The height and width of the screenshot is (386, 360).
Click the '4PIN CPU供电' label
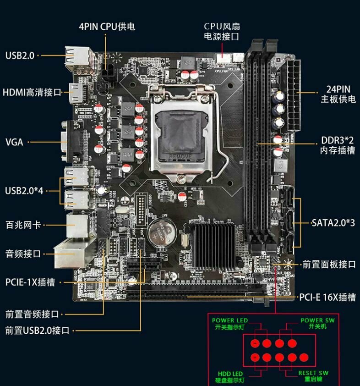click(x=107, y=26)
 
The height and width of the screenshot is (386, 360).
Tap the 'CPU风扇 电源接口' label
click(x=222, y=31)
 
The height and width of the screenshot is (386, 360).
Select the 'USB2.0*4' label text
click(x=24, y=190)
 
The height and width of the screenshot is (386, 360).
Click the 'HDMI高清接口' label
click(x=32, y=92)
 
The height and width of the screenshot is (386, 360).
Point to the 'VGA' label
click(x=14, y=142)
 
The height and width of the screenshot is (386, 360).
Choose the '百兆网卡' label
click(x=23, y=225)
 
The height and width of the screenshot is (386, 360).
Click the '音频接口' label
click(x=23, y=254)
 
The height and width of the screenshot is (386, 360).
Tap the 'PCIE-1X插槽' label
click(x=30, y=282)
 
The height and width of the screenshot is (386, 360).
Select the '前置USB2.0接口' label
click(x=37, y=330)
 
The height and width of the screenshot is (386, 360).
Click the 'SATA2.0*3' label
click(x=333, y=223)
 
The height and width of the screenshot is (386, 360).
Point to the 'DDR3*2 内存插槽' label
click(x=338, y=145)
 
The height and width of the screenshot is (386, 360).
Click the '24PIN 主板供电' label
click(x=338, y=94)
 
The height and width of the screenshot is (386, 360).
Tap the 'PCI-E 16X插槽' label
click(x=327, y=297)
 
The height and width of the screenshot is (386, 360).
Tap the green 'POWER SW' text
click(x=317, y=320)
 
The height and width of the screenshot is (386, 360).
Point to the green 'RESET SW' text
click(x=313, y=373)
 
